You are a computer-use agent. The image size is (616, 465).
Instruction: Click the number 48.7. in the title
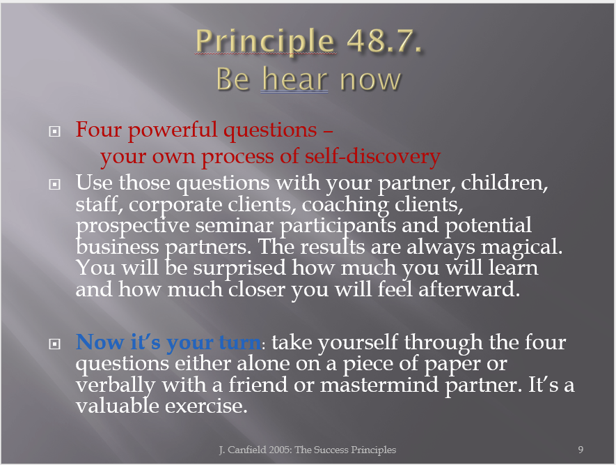[x=384, y=40]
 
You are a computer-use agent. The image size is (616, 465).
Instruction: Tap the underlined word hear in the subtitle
[x=294, y=79]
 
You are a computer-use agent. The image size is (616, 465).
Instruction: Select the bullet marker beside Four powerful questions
[x=54, y=131]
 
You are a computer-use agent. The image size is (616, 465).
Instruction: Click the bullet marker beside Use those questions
[x=54, y=184]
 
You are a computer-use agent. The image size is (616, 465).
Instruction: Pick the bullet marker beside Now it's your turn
[x=54, y=344]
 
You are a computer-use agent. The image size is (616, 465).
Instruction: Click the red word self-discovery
[x=372, y=156]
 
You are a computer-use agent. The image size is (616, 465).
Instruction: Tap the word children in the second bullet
[x=504, y=183]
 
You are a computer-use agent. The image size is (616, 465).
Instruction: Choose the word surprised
[x=239, y=268]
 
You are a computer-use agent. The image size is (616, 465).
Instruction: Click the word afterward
[x=469, y=289]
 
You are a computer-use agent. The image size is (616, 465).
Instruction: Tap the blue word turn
[x=239, y=342]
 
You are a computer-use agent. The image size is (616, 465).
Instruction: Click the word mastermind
[x=379, y=384]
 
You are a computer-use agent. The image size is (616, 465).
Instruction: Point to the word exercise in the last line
[x=206, y=406]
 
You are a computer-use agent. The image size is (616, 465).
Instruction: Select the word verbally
[x=116, y=386]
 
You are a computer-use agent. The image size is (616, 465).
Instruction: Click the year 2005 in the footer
[x=280, y=450]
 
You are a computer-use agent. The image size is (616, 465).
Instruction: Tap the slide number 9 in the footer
[x=581, y=450]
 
